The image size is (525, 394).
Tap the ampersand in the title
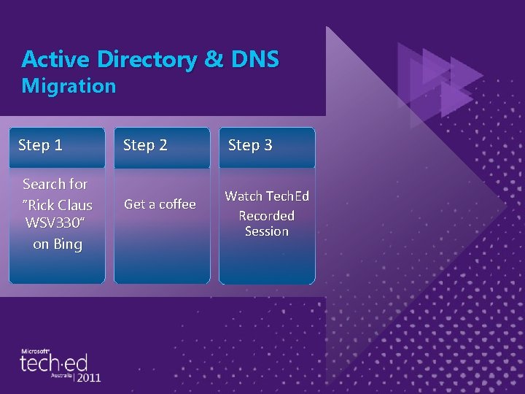214,59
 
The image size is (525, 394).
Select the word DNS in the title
254,59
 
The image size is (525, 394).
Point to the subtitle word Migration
69,86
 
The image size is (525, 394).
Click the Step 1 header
40,145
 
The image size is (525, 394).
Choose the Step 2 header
145,145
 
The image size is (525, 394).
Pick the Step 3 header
250,145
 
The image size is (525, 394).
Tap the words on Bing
58,244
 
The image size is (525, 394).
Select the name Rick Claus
58,205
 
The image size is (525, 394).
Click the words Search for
55,184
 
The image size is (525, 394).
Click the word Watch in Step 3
244,196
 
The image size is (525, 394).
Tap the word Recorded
267,216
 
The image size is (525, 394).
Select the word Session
267,231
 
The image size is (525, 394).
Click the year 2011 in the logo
89,378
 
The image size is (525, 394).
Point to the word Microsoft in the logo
34,351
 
